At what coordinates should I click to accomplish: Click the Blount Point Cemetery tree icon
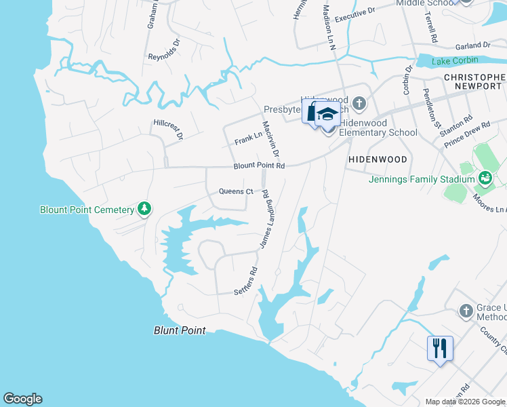pos(144,209)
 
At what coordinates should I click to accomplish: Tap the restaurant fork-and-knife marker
pos(440,349)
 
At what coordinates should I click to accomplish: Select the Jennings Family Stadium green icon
pos(485,178)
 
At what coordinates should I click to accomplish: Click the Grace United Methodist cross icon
pos(465,311)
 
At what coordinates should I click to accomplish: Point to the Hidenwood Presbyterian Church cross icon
pos(359,104)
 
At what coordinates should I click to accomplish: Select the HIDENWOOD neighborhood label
pos(378,159)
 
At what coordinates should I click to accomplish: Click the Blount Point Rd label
pos(259,166)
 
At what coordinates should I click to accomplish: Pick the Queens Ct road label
pos(235,191)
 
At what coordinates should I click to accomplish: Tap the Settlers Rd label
pos(245,280)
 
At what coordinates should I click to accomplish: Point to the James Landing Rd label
pos(264,218)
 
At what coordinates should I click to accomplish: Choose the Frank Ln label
pos(248,138)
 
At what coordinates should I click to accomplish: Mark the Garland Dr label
pos(472,45)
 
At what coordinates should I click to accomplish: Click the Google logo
pos(22,399)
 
